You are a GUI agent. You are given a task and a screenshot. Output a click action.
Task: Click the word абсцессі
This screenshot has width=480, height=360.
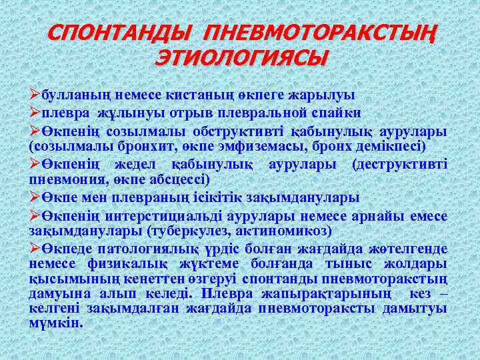pyautogui.click(x=183, y=180)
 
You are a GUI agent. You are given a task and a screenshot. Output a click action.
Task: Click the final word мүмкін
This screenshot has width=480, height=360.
pyautogui.click(x=56, y=323)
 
